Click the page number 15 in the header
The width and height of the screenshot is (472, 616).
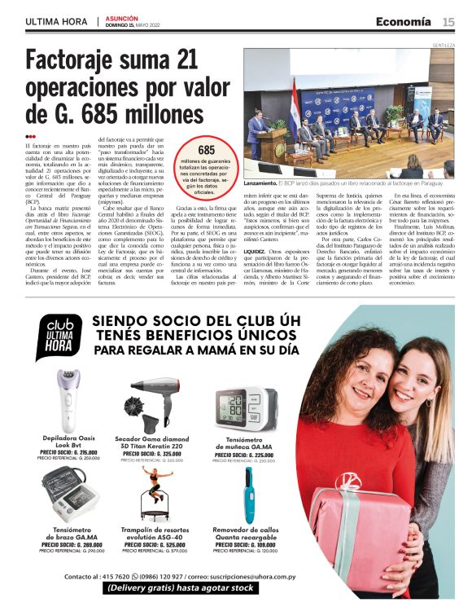448,21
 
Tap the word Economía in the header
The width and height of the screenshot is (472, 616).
404,21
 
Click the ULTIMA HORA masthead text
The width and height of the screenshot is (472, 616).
56,21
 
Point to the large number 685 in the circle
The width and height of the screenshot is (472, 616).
207,150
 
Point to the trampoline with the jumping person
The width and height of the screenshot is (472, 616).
151,492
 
